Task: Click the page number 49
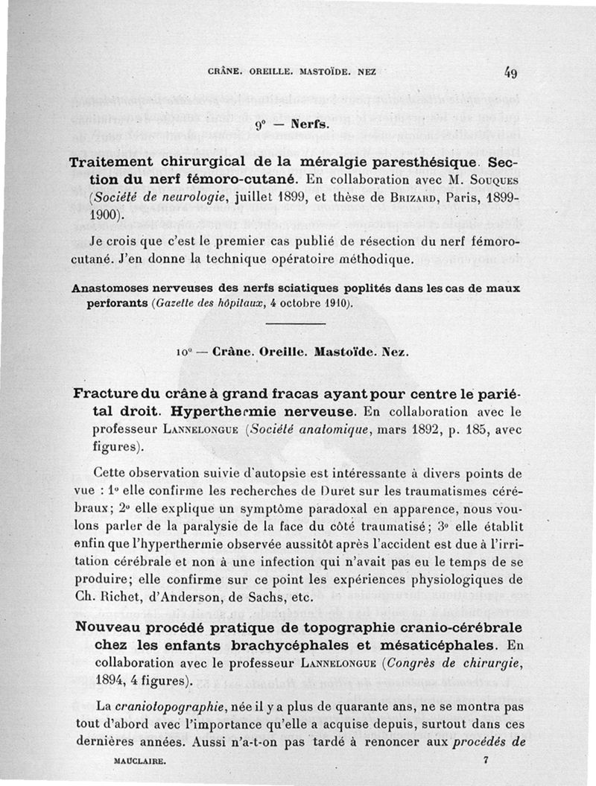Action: click(510, 73)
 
